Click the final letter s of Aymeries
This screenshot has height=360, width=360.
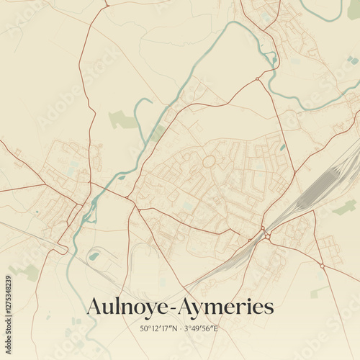(x=270, y=308)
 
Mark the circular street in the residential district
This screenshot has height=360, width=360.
(x=209, y=162)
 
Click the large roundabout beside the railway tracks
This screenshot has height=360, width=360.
(x=266, y=235)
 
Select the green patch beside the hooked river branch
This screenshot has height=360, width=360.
(x=122, y=120)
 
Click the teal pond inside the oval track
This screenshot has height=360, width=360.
(x=94, y=256)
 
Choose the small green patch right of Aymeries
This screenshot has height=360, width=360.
(x=317, y=292)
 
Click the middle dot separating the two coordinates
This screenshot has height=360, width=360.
(x=181, y=328)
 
